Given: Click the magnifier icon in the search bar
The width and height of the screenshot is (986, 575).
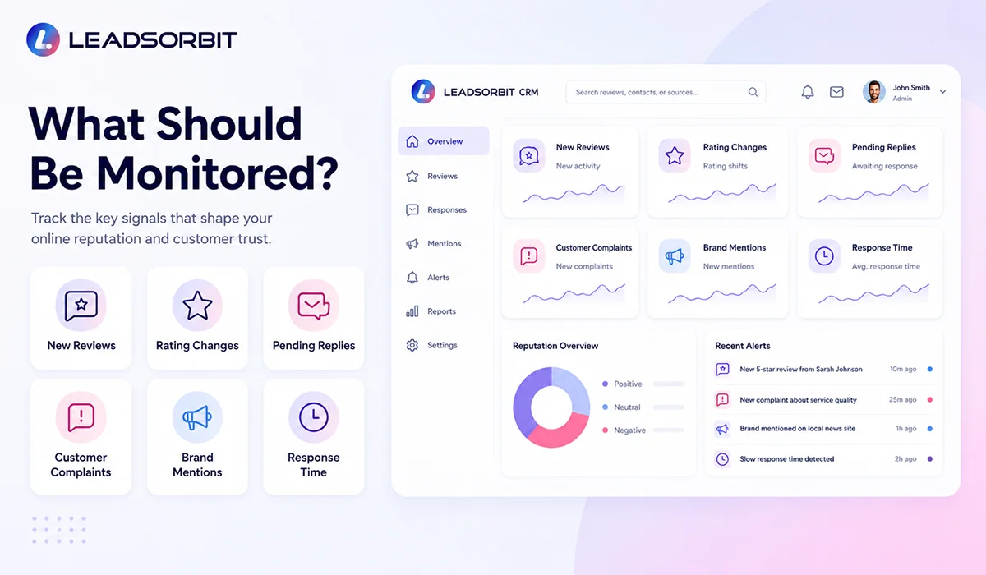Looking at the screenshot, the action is coord(753,92).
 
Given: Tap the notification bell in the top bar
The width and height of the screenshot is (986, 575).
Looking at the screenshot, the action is coord(807,91).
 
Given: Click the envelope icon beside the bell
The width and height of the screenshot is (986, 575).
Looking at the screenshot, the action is coord(836,91).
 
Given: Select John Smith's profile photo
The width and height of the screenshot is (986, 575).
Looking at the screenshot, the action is coord(873,91).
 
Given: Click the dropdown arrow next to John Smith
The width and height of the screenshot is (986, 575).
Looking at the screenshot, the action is coord(942,92).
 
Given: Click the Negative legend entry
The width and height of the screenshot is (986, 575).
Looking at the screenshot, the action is coord(624,430).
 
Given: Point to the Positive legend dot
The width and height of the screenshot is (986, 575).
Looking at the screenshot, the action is coord(606,384).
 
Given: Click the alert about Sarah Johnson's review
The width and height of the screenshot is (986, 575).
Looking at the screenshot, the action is coord(800,369).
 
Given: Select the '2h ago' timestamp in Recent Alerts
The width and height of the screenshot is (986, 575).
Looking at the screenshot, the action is coord(905,459).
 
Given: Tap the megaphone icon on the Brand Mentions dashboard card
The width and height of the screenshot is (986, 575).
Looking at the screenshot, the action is coord(674,256).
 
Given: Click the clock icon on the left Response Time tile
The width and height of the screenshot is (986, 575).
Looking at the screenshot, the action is coord(313,416).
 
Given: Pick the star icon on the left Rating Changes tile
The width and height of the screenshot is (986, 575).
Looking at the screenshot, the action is coord(197,305).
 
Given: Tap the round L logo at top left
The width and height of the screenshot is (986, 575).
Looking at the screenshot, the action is coord(43,39).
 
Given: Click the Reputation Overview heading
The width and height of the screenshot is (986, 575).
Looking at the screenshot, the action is coord(555,346).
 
